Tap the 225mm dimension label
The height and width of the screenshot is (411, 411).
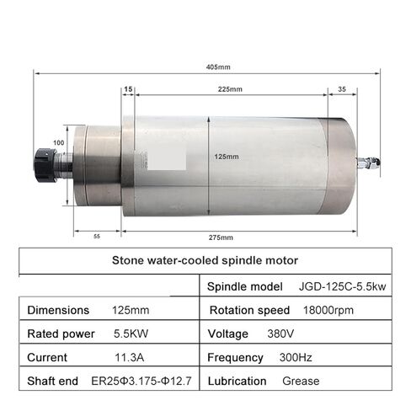coord(227,88)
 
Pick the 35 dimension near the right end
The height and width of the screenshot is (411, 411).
coord(341,88)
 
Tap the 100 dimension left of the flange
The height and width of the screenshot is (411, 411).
coord(58,143)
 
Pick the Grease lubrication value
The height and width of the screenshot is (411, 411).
coord(302,382)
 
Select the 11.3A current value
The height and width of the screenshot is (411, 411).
coord(129,358)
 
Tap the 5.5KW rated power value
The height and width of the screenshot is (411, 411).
coord(131,334)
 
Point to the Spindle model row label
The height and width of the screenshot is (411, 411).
coord(245,288)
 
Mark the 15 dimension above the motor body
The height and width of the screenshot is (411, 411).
coord(128,88)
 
